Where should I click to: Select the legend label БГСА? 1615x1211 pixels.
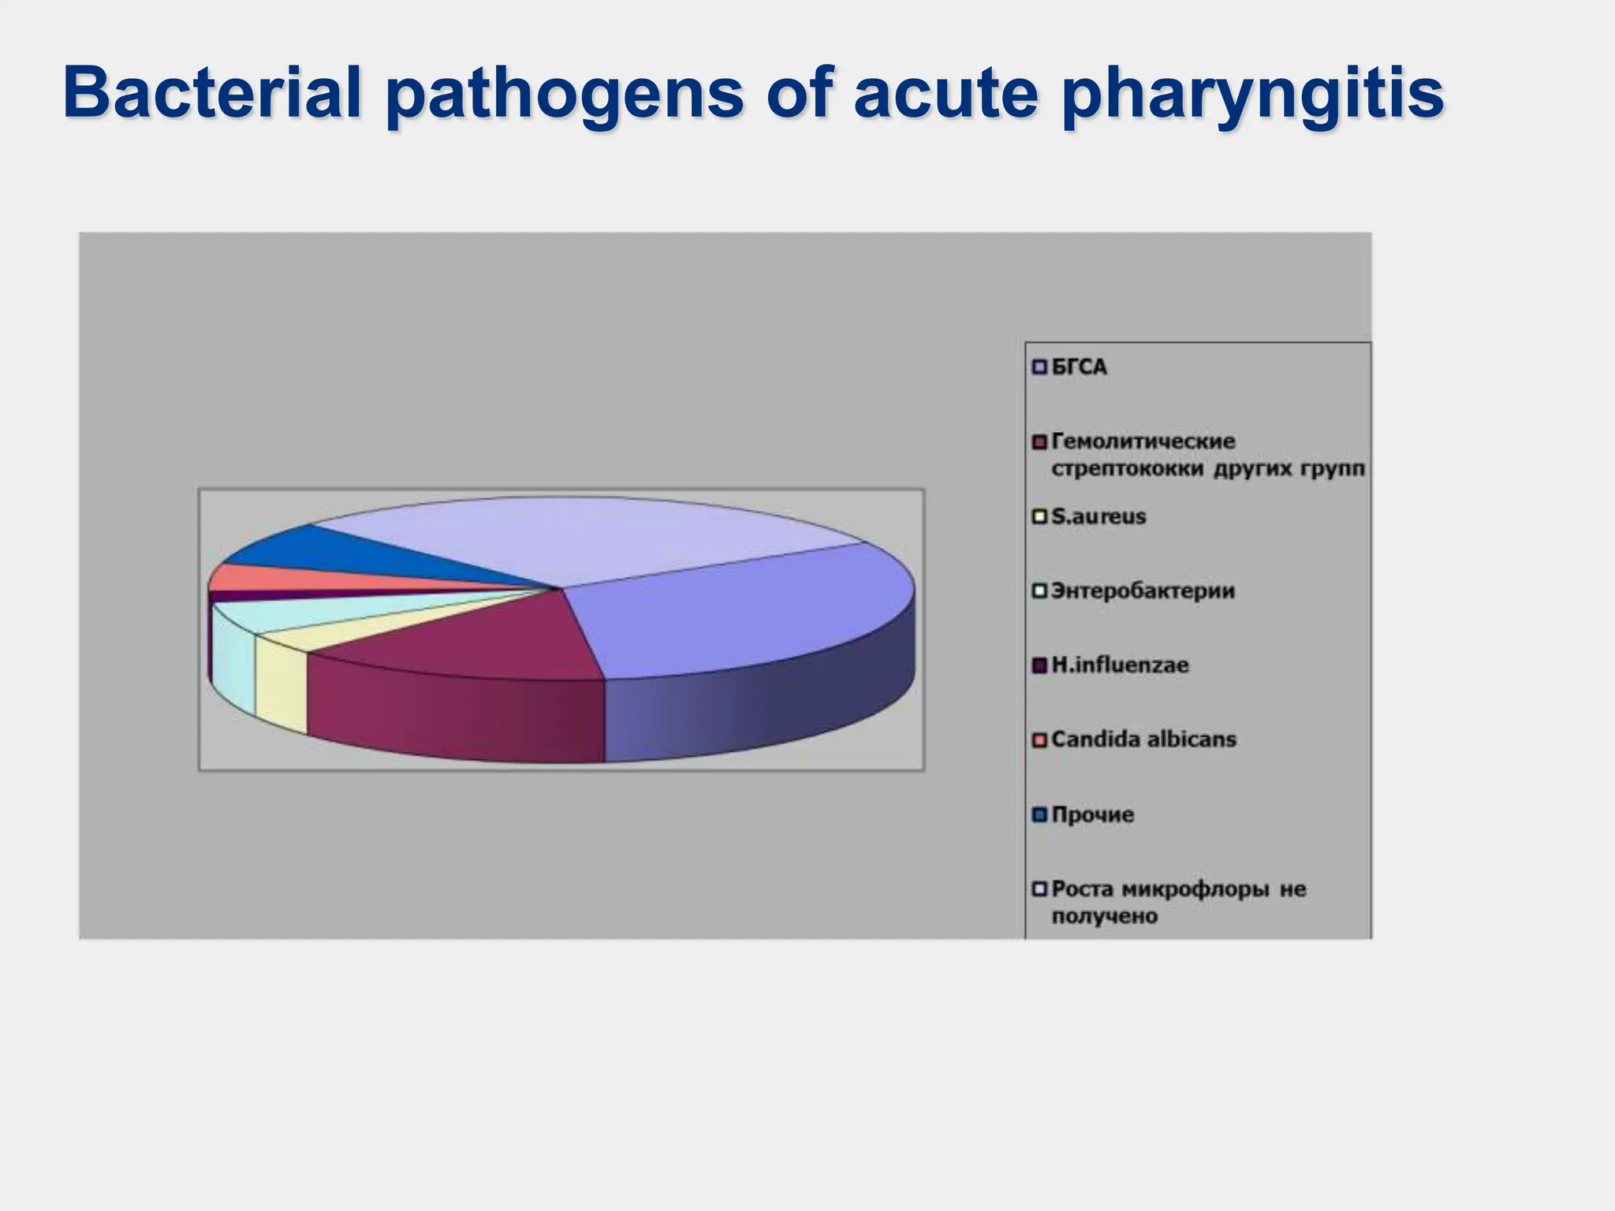point(1079,367)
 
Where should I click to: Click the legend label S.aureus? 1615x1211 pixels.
point(1098,517)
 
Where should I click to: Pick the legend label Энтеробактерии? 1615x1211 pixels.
point(1143,591)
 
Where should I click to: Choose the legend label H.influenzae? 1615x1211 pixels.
point(1120,665)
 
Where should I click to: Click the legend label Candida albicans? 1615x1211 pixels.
point(1143,740)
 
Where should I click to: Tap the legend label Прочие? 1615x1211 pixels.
point(1093,814)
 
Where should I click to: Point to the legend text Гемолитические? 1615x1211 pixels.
point(1143,442)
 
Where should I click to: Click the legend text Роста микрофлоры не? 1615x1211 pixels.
point(1178,889)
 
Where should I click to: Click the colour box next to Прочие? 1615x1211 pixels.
point(1039,814)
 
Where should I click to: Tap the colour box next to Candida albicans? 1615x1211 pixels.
point(1039,740)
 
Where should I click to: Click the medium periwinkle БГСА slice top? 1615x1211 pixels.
point(749,615)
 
